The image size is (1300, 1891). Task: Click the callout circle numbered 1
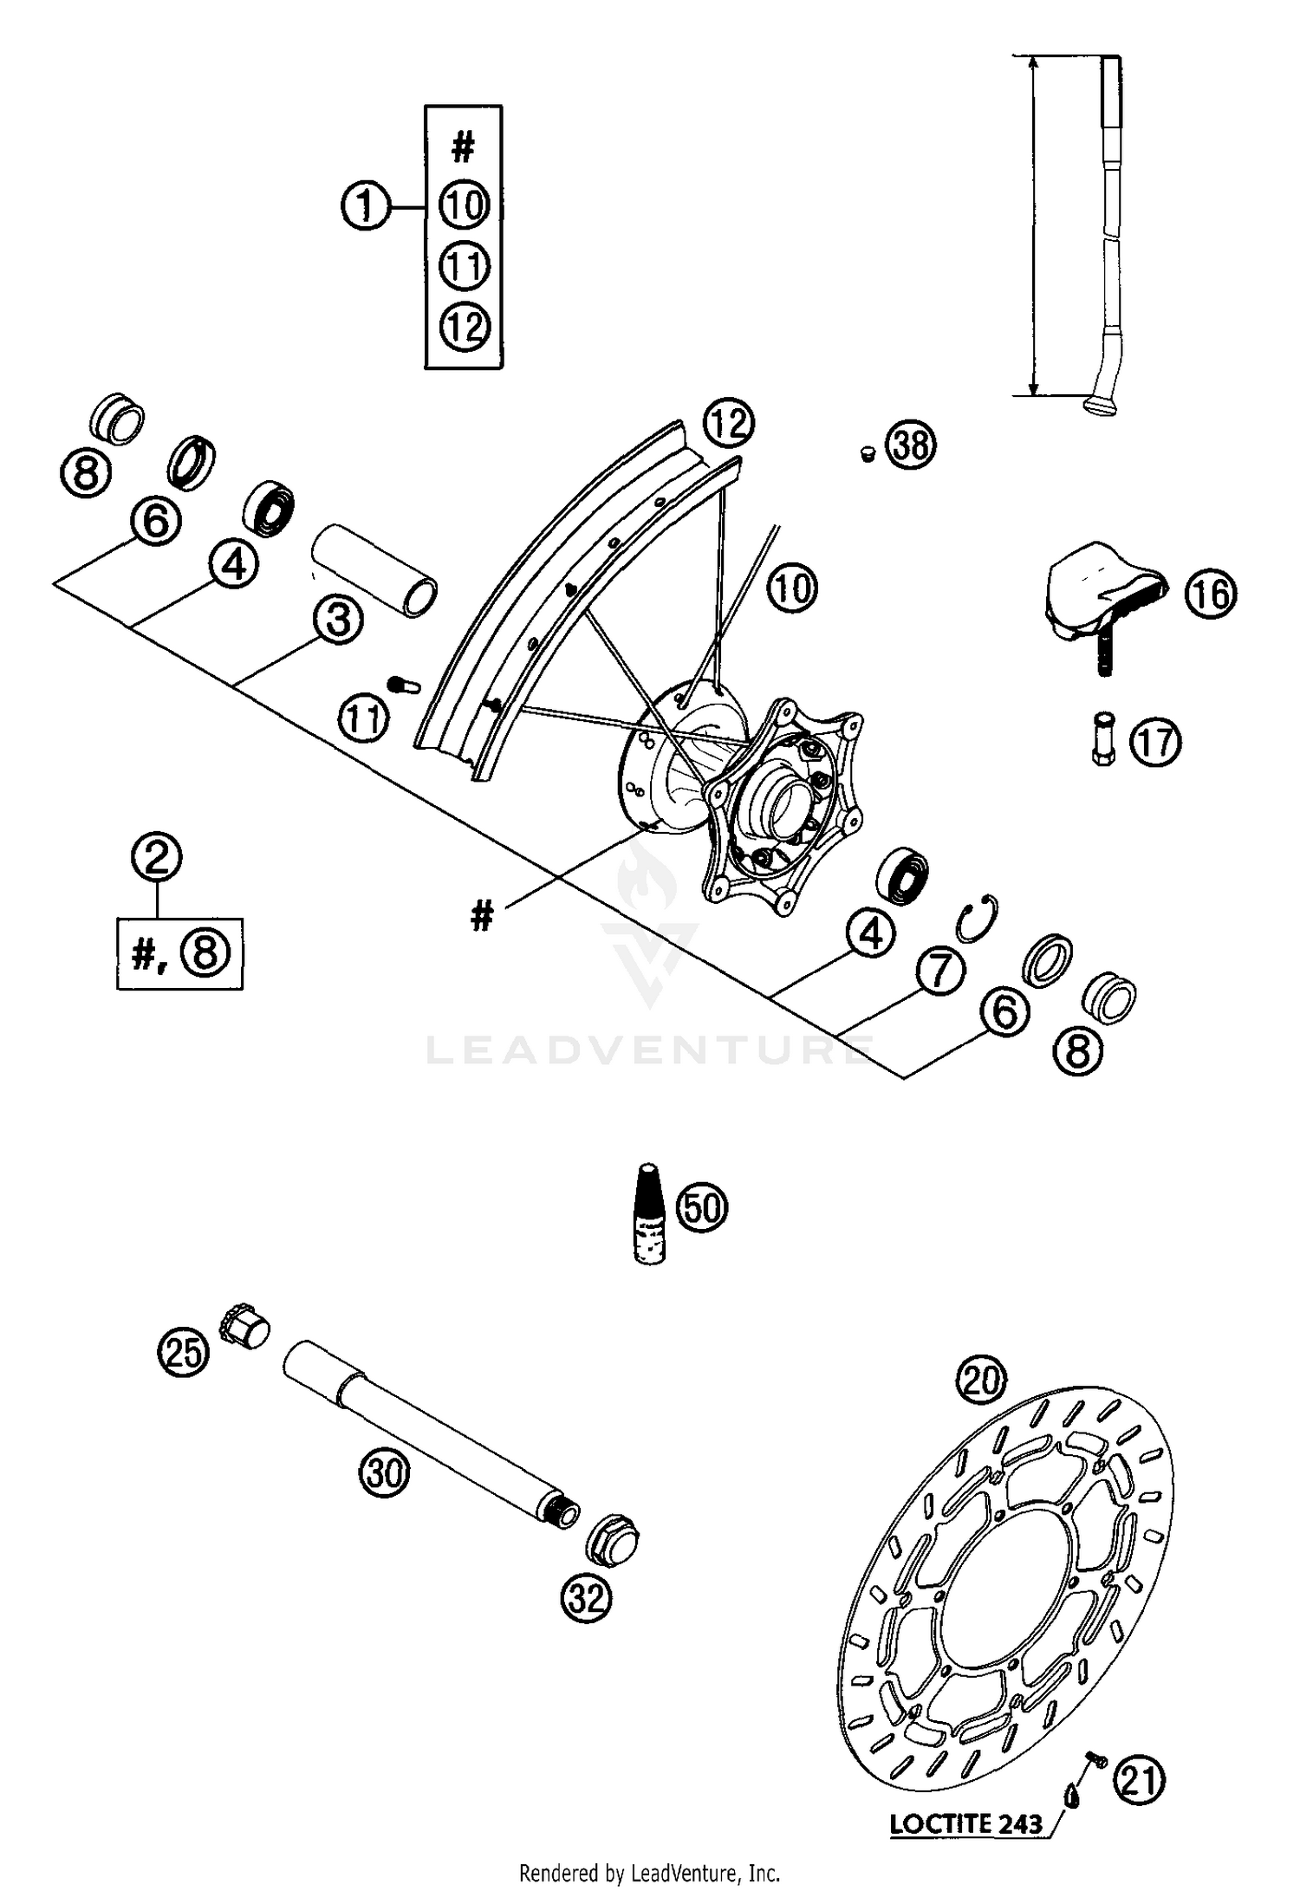[x=365, y=207]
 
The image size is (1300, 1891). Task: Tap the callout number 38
[x=912, y=445]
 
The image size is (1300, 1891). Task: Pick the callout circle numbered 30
[x=385, y=1472]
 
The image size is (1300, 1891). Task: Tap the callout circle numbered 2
[x=157, y=857]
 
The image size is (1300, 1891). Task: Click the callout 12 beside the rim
[x=729, y=424]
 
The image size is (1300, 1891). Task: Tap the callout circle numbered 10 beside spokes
[x=792, y=588]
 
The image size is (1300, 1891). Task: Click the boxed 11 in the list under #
[x=465, y=265]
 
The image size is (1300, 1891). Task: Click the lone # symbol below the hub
[x=482, y=915]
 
